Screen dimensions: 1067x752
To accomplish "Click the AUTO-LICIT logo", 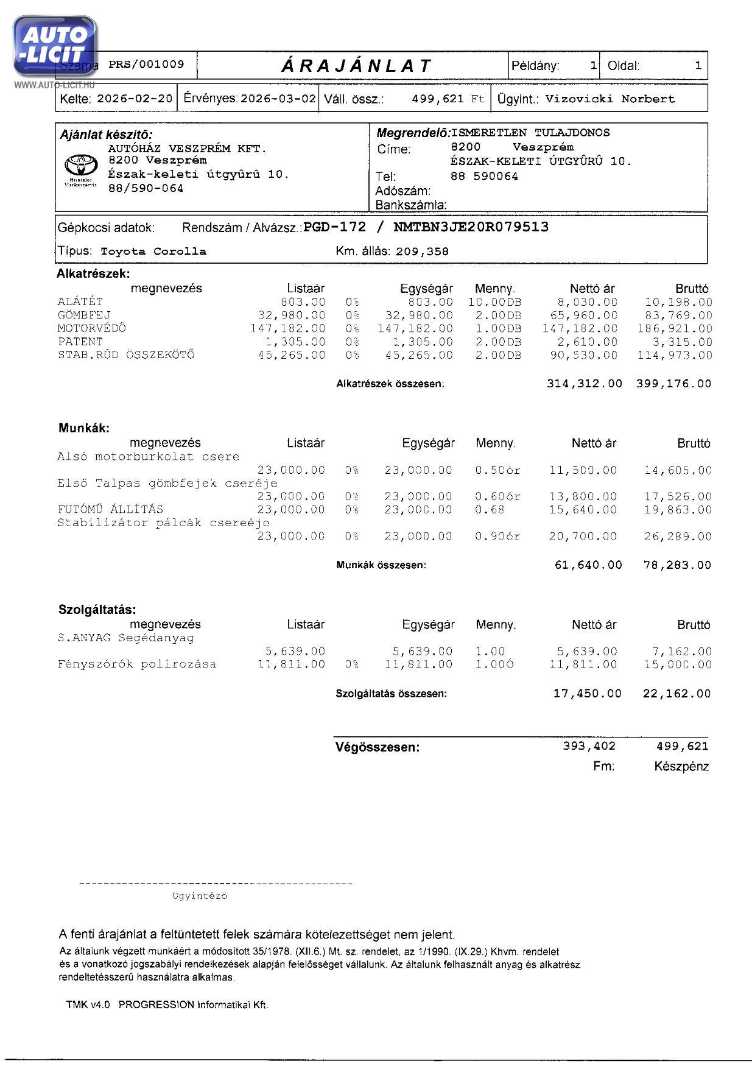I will pos(54,46).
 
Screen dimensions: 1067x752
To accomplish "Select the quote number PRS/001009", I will pos(146,65).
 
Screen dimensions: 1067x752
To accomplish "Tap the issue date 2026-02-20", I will pos(135,99).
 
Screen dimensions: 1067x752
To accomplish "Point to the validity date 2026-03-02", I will pos(278,99).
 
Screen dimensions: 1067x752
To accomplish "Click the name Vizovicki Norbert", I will pos(610,99).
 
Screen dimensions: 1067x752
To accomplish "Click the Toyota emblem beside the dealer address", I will pos(80,165).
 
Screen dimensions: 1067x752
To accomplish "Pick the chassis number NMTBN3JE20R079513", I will pos(471,227).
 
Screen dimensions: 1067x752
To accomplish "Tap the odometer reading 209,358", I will pos(422,252).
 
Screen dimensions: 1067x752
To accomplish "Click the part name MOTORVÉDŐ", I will pos(92,328).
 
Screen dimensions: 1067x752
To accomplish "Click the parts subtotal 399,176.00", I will pos(673,384).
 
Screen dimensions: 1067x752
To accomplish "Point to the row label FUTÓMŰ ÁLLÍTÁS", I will pos(110,509).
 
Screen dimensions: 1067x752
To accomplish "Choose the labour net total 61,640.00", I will pos(588,565).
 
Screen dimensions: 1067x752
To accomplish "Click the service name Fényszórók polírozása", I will pos(137,664).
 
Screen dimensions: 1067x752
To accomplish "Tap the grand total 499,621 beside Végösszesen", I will pos(682,746).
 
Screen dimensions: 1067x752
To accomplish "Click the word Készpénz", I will pos(681,767).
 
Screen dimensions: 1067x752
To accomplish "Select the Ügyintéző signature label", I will pos(200,896).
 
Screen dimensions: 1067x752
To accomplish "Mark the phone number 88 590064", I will pos(484,177).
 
